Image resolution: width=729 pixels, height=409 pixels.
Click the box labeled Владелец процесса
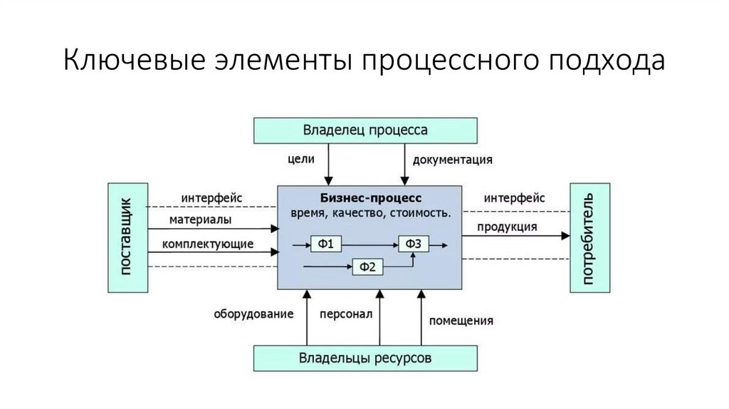pos(365,130)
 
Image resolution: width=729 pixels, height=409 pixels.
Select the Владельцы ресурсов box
pos(365,357)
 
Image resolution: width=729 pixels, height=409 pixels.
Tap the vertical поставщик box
pos(127,238)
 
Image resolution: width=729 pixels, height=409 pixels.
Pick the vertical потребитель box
pos(590,238)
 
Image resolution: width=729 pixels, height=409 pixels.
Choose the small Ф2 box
pos(368,267)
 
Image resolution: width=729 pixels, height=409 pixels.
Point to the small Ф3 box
pos(414,244)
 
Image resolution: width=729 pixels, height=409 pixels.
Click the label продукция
pos(507,227)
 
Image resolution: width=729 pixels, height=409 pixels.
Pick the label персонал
pos(346,314)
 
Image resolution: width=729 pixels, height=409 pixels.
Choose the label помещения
pos(461,320)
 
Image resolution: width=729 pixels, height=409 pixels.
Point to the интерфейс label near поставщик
pos(212,197)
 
